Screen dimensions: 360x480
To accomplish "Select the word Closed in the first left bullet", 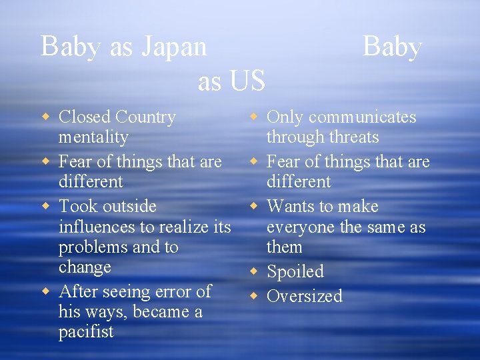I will [85, 117].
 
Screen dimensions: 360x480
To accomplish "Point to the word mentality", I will [93, 138].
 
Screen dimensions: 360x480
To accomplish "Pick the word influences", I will [99, 227].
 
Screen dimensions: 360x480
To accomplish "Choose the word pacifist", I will [86, 332].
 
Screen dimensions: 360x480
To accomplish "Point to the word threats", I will [352, 137].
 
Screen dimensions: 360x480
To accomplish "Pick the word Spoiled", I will [295, 272].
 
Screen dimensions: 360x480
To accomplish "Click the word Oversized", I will [305, 296].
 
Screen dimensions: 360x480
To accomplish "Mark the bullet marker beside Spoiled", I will [254, 271].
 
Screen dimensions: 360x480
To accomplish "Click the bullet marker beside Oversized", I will [254, 295].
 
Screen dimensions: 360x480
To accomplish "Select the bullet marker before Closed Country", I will [46, 117].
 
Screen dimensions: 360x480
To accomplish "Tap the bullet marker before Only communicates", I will [254, 117].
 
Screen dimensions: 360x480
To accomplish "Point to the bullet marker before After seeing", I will [46, 291].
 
